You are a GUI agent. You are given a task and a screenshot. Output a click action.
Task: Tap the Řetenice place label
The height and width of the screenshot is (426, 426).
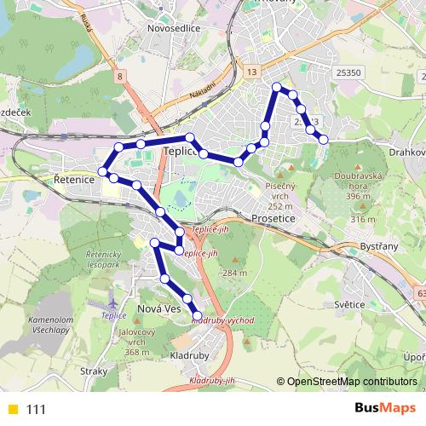[x=72, y=180]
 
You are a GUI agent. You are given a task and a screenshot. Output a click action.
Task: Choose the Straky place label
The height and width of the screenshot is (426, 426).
[x=94, y=371]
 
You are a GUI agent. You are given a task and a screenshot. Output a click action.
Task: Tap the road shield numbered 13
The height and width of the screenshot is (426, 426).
[x=251, y=73]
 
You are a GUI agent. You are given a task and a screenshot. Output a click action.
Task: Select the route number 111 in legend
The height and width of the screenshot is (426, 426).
[x=36, y=410]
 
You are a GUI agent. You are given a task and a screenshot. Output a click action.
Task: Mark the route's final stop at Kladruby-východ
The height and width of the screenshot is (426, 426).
[x=197, y=316]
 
